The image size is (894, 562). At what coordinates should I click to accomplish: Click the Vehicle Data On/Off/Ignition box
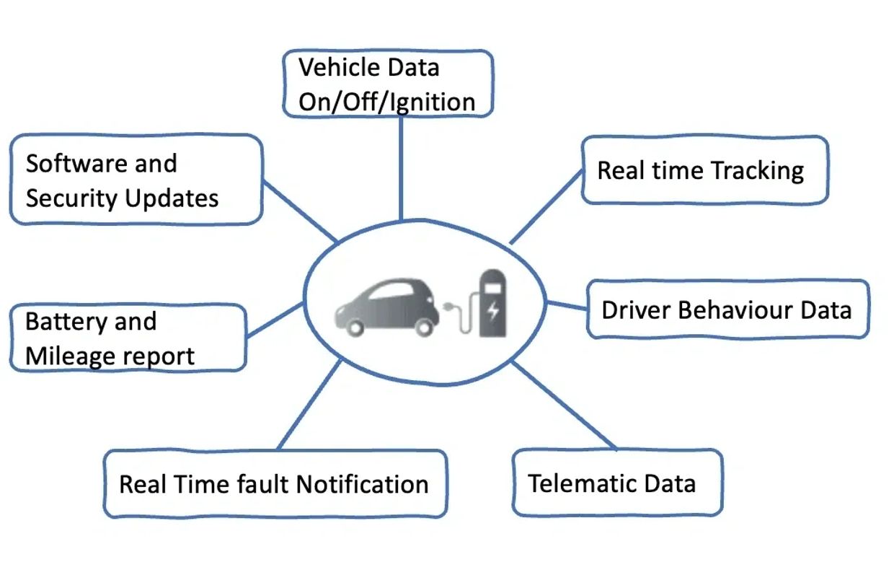(x=387, y=84)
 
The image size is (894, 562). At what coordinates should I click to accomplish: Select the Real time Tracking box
(x=704, y=170)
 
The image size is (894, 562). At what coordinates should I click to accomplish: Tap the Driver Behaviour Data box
(x=727, y=310)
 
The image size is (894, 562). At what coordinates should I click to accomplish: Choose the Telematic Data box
(x=616, y=483)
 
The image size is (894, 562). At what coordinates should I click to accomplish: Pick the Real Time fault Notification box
(x=274, y=484)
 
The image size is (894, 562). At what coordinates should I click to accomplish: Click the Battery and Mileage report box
(x=127, y=338)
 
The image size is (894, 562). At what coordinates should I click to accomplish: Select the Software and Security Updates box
(x=135, y=180)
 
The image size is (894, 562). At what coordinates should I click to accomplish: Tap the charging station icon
(x=492, y=303)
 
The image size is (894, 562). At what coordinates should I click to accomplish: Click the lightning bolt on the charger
(x=493, y=311)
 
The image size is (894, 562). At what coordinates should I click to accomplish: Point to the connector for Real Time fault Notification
(x=309, y=405)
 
